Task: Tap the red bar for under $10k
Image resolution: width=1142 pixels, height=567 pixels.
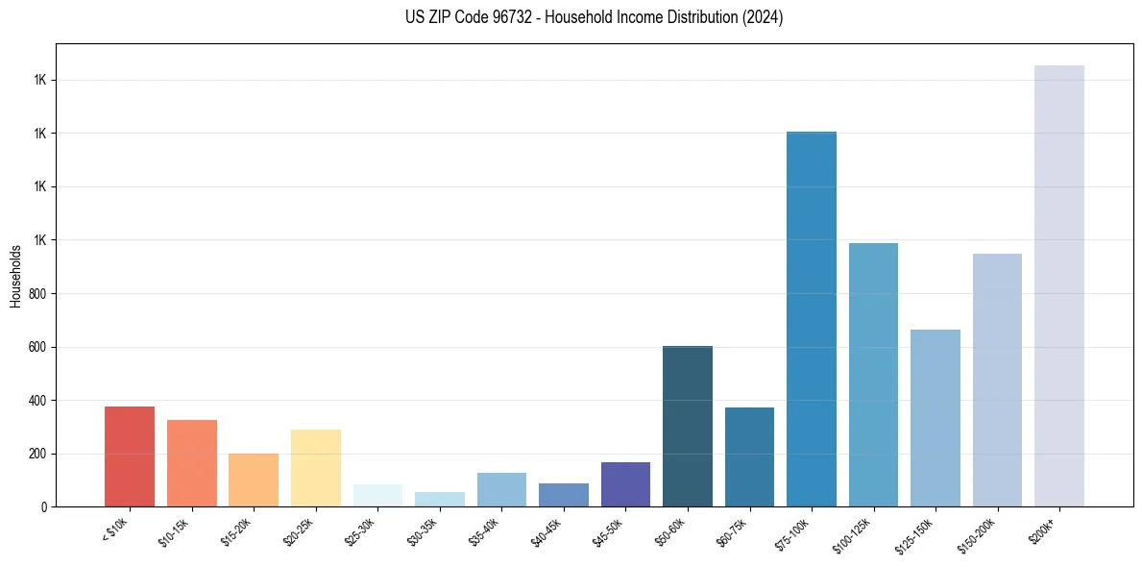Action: pos(130,456)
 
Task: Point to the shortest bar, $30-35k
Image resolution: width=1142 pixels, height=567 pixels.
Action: pos(440,499)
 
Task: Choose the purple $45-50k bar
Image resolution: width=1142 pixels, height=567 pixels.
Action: pos(625,484)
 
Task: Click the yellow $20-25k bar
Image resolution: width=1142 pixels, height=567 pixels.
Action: pos(316,468)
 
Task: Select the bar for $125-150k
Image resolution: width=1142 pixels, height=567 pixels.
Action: pos(935,418)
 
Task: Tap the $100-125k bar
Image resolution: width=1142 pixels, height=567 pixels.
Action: pos(873,375)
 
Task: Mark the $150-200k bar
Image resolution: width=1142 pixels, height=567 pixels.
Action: pos(997,380)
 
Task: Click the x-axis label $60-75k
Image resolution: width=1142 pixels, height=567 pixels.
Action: pos(733,530)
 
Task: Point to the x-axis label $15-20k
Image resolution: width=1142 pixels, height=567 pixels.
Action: pos(237,530)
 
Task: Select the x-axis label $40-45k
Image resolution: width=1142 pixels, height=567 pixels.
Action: pos(547,530)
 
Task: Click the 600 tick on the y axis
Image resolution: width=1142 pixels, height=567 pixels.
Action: pos(38,347)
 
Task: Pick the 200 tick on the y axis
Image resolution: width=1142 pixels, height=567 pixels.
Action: pos(38,454)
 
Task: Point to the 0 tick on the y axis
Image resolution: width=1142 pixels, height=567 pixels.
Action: pos(44,506)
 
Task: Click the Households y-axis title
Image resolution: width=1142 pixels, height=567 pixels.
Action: pos(15,276)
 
